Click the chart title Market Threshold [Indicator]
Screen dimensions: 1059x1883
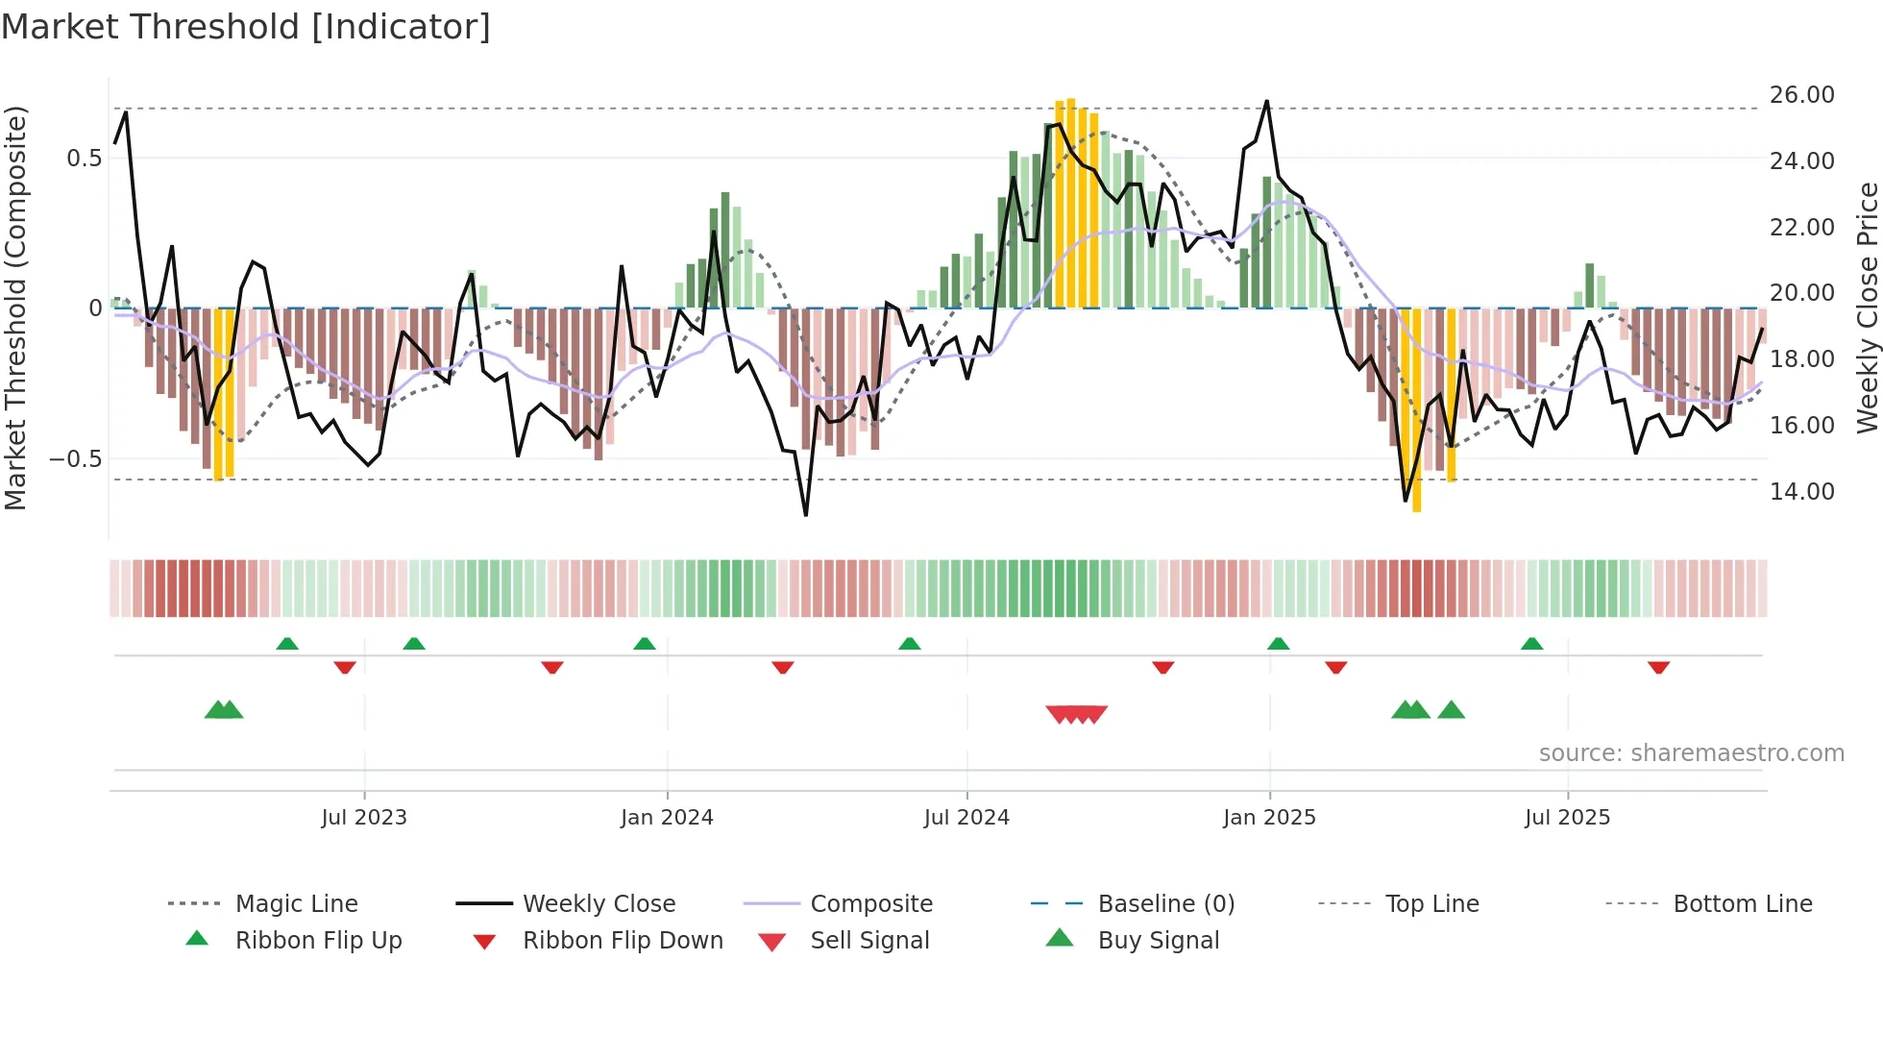click(246, 27)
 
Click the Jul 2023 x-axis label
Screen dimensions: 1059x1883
click(364, 818)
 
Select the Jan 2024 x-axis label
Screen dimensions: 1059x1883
click(667, 818)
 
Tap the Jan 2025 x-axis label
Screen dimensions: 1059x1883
click(1269, 818)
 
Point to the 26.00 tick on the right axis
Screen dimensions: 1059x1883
click(1801, 95)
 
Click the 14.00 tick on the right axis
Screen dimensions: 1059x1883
click(1801, 491)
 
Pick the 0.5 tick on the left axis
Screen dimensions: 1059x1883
click(84, 159)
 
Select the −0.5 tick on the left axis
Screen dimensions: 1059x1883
click(76, 458)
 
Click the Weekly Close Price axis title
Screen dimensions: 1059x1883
click(1867, 308)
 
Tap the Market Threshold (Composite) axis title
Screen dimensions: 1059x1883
click(15, 308)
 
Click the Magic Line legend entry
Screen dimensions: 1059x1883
click(296, 904)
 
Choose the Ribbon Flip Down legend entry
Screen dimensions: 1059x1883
click(623, 941)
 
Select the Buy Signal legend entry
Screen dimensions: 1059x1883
click(1158, 941)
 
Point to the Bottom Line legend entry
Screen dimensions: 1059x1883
click(1742, 904)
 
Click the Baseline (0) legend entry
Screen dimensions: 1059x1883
click(1165, 904)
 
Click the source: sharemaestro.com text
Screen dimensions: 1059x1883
click(1691, 753)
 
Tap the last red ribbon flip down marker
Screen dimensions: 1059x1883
click(1658, 667)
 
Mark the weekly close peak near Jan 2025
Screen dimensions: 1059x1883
click(1267, 101)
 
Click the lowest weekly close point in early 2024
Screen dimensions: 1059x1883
click(805, 515)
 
